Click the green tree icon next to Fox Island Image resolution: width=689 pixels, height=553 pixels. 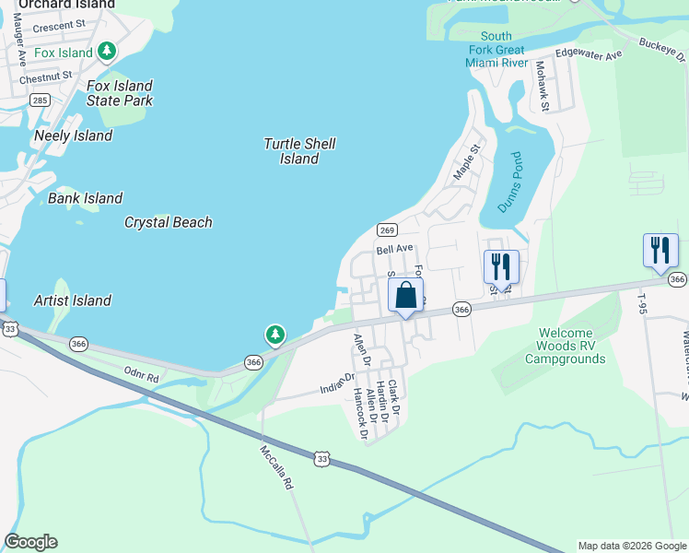pos(108,52)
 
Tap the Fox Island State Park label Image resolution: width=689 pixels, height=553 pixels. pos(120,93)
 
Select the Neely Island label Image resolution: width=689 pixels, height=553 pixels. pos(73,135)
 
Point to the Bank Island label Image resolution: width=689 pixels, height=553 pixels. pos(85,198)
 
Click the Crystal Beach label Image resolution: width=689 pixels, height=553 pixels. pos(169,222)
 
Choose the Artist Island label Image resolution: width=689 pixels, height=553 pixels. pos(72,300)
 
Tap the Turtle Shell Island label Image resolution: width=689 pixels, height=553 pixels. pos(299,151)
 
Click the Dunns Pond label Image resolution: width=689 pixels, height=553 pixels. pos(509,182)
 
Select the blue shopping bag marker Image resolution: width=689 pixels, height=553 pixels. pos(405,297)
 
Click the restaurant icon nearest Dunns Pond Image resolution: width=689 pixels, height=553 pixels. pos(501,267)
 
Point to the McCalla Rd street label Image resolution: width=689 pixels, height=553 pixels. pos(275,469)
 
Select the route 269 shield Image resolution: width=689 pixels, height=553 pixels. pos(387,229)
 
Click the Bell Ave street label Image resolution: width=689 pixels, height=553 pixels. pos(394,250)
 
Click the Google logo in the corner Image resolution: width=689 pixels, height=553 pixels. pos(30,542)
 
